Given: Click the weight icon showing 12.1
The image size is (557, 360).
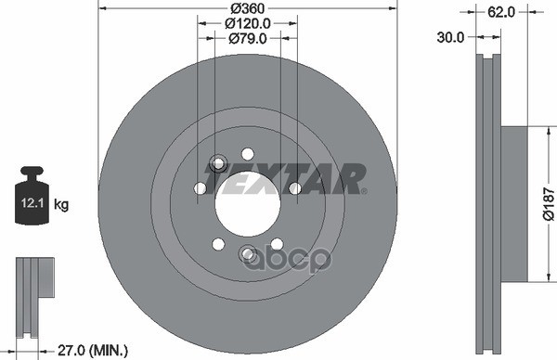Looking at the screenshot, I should (31, 199).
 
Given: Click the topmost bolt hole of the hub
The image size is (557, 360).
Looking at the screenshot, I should (247, 153).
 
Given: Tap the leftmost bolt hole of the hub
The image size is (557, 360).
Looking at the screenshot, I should (200, 188).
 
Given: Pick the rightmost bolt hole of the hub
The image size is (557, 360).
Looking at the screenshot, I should (294, 188).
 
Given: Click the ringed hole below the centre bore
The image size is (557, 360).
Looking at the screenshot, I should (248, 253).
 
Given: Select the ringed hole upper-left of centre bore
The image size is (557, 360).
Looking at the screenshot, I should (219, 163).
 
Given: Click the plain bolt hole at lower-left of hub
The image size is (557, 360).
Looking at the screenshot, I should (218, 244).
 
